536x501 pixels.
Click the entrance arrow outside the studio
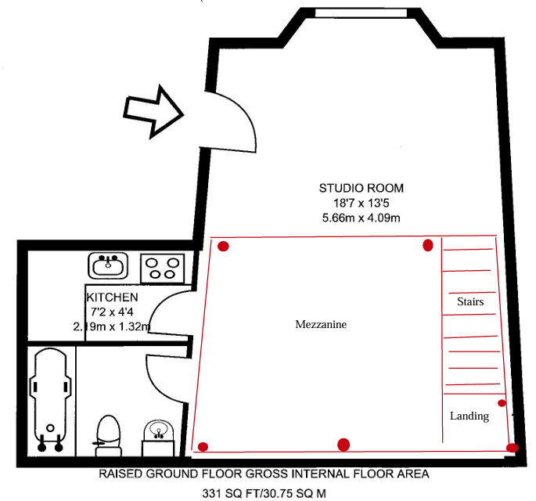tap(153, 112)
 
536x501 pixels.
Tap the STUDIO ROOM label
tap(362, 188)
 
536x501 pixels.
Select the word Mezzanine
tap(321, 324)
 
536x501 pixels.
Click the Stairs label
tap(470, 301)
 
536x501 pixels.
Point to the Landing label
tap(469, 416)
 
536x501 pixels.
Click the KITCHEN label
tap(112, 297)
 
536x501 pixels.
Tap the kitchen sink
tap(108, 265)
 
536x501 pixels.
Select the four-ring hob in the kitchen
tap(163, 268)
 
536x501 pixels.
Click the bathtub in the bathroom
tap(50, 399)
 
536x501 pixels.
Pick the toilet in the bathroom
tap(108, 435)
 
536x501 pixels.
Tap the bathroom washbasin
tap(158, 438)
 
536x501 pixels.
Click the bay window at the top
tap(361, 13)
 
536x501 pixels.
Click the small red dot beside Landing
tap(502, 403)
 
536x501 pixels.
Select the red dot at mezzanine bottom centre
tap(344, 445)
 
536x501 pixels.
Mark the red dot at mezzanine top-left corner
tap(223, 246)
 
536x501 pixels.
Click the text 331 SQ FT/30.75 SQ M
tap(264, 493)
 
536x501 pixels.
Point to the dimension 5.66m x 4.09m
tap(361, 218)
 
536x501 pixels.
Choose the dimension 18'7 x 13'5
tap(362, 203)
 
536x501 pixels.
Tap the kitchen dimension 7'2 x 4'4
tap(112, 312)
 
